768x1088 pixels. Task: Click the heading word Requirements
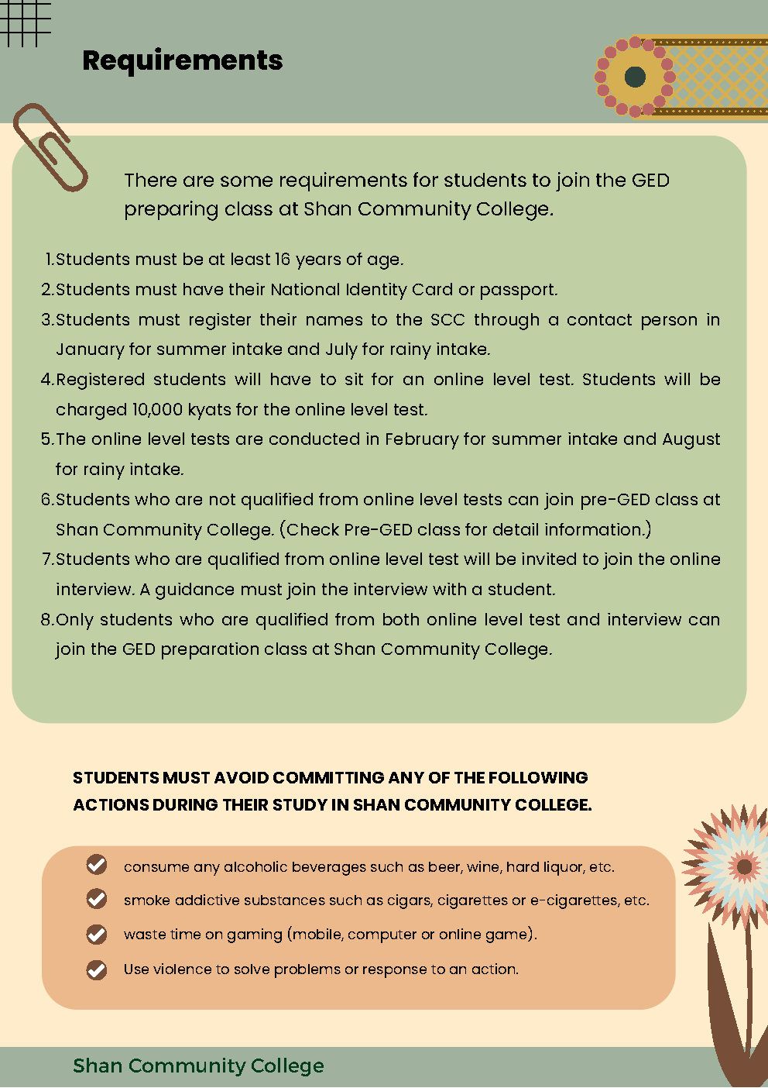tap(182, 60)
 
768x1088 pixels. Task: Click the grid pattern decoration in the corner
tap(25, 22)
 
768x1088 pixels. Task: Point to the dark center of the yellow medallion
tap(635, 77)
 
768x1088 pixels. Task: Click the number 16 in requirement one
tap(282, 260)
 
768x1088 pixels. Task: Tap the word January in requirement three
tap(90, 349)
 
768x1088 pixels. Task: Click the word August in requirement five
tap(691, 439)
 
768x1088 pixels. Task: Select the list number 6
tap(46, 500)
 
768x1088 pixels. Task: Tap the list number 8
tap(46, 620)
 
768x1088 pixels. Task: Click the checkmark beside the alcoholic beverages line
tap(97, 865)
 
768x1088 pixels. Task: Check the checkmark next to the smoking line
tap(97, 899)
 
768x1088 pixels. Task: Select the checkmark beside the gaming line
tap(97, 934)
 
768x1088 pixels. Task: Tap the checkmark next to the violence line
tap(97, 969)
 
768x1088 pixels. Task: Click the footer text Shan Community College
tap(198, 1066)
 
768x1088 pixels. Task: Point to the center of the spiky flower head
tap(744, 866)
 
